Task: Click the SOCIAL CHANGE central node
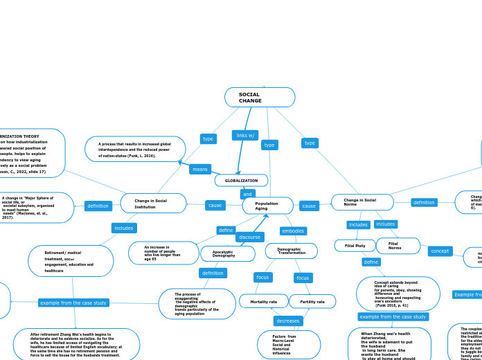click(x=260, y=98)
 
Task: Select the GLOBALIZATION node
click(x=241, y=181)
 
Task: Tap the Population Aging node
click(x=267, y=206)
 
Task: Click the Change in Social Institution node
click(x=153, y=204)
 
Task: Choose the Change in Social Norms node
click(x=362, y=202)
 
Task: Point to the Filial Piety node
click(x=355, y=246)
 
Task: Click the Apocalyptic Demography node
click(x=227, y=254)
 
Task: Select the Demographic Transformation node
click(x=291, y=251)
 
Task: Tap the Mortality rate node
click(x=263, y=302)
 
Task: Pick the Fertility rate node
click(x=312, y=302)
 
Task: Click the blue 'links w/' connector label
click(x=245, y=135)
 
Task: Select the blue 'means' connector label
click(x=200, y=170)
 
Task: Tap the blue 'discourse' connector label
click(x=250, y=237)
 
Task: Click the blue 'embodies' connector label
click(x=293, y=231)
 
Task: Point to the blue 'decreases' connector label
click(x=288, y=321)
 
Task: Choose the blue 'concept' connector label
click(x=440, y=251)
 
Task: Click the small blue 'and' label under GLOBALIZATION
click(x=248, y=195)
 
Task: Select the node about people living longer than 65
click(x=163, y=253)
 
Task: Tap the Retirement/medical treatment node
click(x=71, y=262)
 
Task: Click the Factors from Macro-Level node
click(x=288, y=345)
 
